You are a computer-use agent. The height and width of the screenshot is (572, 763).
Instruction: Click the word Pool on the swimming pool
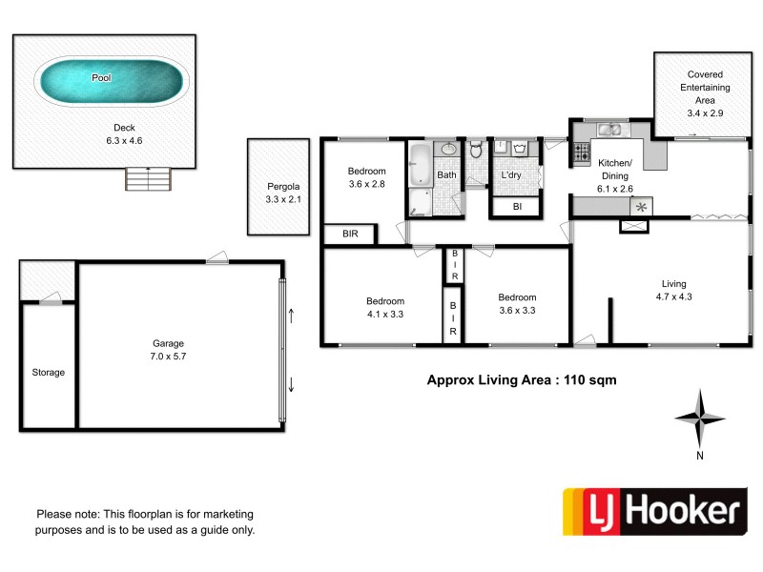[x=101, y=77]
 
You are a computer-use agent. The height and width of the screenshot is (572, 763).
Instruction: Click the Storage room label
[x=48, y=372]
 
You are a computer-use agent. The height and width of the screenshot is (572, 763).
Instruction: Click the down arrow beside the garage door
[x=291, y=384]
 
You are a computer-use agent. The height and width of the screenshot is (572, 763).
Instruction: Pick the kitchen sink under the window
[x=609, y=130]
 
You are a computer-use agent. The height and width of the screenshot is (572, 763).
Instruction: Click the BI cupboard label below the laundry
[x=517, y=207]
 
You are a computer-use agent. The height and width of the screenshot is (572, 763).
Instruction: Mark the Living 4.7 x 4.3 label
[x=674, y=290]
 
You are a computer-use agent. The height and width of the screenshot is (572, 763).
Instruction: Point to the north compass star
[x=700, y=418]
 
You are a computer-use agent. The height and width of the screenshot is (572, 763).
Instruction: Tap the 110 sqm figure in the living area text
[x=590, y=379]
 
